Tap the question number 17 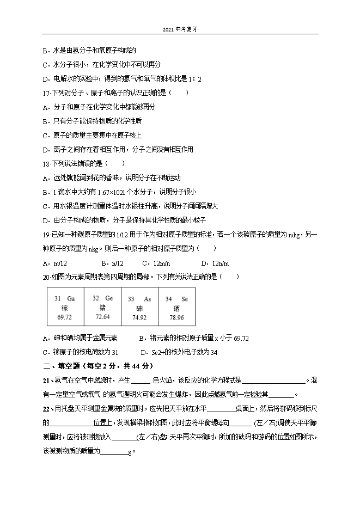pyautogui.click(x=45, y=93)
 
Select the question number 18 pyautogui.click(x=45, y=163)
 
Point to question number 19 pyautogui.click(x=45, y=234)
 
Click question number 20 pyautogui.click(x=45, y=277)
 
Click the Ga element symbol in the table pyautogui.click(x=71, y=299)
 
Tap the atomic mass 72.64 pyautogui.click(x=102, y=316)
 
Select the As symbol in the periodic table pyautogui.click(x=147, y=299)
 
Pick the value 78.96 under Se pyautogui.click(x=176, y=317)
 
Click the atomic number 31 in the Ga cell pyautogui.click(x=57, y=299)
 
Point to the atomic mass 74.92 pyautogui.click(x=139, y=317)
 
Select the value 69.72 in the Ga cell pyautogui.click(x=64, y=317)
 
